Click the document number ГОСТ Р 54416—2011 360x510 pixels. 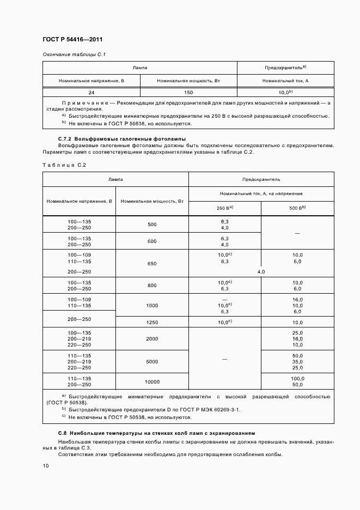tap(72, 40)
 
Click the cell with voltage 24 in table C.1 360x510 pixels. tap(91, 93)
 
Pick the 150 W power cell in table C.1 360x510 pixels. tap(188, 93)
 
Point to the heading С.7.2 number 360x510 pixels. tap(65, 139)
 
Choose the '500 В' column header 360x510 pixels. tap(297, 208)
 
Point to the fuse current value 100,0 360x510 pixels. tap(297, 378)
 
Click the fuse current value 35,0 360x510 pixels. tap(297, 361)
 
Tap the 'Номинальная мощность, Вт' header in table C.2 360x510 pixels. tap(152, 201)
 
